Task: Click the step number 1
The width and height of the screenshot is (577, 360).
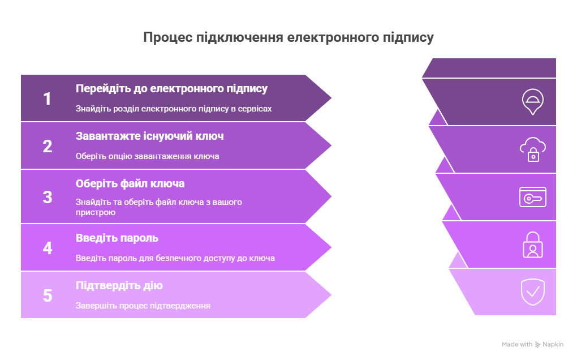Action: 47,98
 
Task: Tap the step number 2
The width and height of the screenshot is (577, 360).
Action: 48,146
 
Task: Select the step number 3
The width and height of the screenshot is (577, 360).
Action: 48,197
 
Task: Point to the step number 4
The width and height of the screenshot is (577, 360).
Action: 48,248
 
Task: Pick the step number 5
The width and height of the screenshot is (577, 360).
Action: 48,295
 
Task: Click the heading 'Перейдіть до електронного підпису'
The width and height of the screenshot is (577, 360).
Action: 171,89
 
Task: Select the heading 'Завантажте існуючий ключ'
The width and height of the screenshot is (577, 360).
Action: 149,136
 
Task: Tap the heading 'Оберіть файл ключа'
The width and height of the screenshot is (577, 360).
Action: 130,184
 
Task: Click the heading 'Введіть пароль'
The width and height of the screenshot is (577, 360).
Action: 117,238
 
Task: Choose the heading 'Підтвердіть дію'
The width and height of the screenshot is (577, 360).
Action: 119,286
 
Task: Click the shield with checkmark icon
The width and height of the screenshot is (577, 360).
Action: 532,292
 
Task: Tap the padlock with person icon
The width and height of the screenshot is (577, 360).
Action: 532,245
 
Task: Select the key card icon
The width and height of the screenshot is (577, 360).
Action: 532,197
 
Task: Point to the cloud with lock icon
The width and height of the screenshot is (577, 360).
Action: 532,149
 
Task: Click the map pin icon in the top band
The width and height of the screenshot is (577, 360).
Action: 532,101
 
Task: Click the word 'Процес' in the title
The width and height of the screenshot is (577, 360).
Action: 167,37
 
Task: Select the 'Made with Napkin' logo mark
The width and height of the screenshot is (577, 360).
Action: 537,345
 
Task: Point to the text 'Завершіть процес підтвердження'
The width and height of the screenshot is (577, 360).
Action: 143,306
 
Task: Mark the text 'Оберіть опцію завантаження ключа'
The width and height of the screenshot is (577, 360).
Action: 147,156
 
